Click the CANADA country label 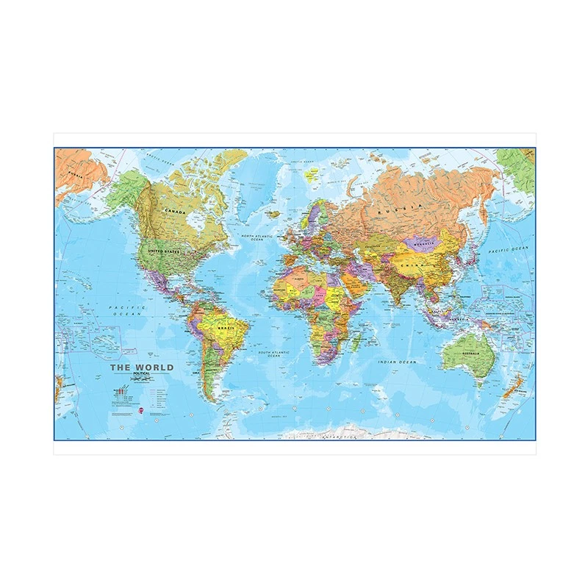click(x=175, y=211)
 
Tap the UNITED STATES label click(x=164, y=252)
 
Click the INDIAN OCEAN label click(x=397, y=362)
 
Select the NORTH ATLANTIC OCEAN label click(x=252, y=237)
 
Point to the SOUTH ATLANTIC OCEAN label click(x=274, y=354)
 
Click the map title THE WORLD click(x=142, y=367)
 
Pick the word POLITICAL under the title click(x=140, y=375)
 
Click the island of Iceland click(x=273, y=214)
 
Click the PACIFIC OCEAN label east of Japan click(x=509, y=251)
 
